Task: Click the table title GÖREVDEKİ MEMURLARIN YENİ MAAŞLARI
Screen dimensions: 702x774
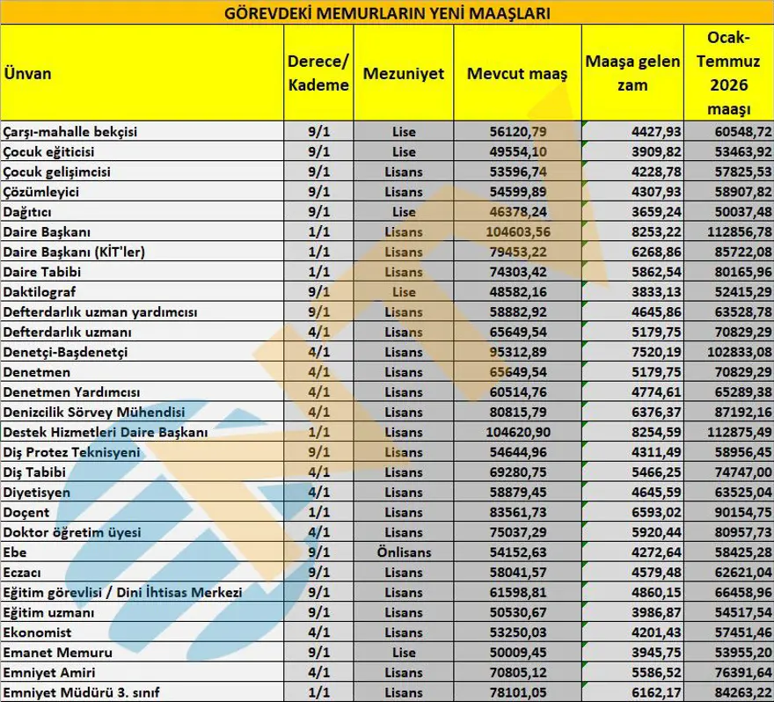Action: tap(387, 13)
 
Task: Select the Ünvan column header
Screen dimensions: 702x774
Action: tap(26, 73)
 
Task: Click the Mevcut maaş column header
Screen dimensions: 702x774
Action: tap(517, 73)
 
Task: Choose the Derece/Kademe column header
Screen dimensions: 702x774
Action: tap(318, 73)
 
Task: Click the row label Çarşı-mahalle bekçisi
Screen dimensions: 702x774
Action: tap(71, 132)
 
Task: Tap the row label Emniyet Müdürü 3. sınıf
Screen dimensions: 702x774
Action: tap(84, 692)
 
